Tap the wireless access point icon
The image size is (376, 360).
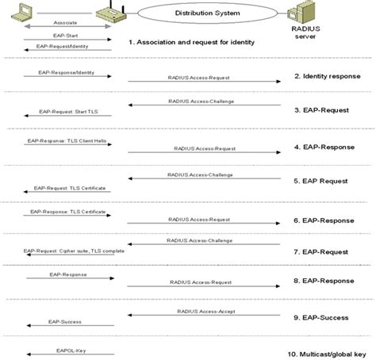[109, 13]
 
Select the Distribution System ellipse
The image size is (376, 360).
[208, 13]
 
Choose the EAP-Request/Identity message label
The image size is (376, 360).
[67, 48]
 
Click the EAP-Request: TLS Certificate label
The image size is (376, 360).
[68, 188]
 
